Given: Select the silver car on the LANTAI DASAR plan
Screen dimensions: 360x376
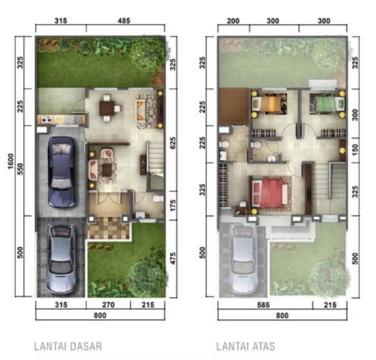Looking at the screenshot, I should click(x=60, y=261).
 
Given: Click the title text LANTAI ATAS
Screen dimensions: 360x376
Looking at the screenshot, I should click(x=247, y=346).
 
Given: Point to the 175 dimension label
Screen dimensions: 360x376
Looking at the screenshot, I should click(x=173, y=204).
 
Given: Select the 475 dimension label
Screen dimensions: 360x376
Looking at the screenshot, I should click(x=173, y=259).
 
